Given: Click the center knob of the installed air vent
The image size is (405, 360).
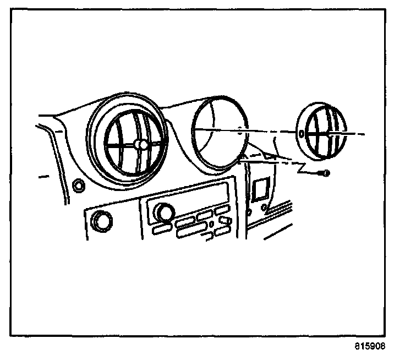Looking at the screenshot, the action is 140,145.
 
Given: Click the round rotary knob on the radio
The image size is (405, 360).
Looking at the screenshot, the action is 163,211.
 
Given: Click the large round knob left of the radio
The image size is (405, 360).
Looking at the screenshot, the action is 100,220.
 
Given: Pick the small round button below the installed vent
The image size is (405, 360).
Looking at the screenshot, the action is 78,186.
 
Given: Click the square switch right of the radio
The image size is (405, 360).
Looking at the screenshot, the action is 259,189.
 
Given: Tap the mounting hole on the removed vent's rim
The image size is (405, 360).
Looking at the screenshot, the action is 301,133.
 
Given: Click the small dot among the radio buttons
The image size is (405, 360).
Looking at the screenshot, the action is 211,225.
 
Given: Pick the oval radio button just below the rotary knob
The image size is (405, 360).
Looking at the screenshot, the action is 161,227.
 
